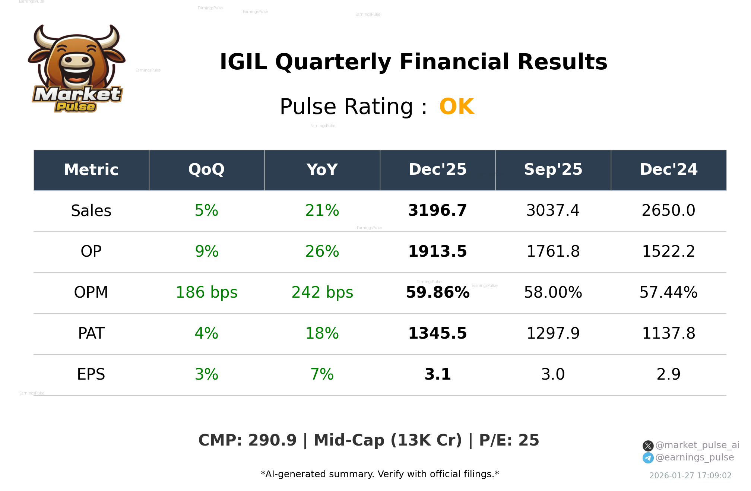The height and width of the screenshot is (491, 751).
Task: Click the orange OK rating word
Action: tap(456, 107)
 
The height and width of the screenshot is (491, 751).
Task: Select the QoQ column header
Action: tap(206, 170)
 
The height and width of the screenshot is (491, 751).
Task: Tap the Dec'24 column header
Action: tap(668, 170)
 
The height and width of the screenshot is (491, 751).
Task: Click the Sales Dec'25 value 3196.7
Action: tap(437, 210)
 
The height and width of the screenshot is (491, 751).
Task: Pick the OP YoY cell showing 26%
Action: tap(322, 251)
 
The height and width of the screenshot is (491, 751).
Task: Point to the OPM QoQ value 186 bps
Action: tap(206, 292)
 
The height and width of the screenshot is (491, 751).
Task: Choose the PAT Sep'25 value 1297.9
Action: tap(553, 333)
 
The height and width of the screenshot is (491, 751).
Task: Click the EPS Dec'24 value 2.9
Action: tap(668, 374)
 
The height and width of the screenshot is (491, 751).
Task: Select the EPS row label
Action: tap(91, 374)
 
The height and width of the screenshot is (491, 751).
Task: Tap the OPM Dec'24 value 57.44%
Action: tap(668, 292)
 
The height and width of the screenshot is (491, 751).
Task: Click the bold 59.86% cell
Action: tap(437, 292)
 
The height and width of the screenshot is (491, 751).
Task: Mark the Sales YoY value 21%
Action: tap(322, 210)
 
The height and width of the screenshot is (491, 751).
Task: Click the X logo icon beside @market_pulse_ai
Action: tap(648, 446)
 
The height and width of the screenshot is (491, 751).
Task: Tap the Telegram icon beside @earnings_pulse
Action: tap(648, 458)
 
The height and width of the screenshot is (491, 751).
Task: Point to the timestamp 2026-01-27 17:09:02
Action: tap(690, 476)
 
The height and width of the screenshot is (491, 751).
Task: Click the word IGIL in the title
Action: tap(243, 62)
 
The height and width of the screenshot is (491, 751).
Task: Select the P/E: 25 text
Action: tap(509, 440)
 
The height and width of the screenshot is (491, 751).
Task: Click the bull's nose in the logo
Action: tap(77, 60)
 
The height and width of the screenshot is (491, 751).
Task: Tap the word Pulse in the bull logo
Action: tap(76, 107)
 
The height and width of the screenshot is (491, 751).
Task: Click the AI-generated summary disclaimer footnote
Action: tap(380, 474)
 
